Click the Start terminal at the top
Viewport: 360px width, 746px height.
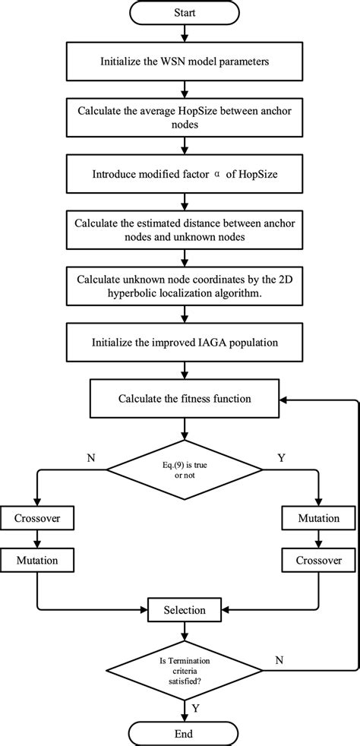coord(182,13)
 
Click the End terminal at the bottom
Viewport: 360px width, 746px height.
coord(182,732)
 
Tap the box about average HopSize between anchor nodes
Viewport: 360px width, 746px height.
coord(182,115)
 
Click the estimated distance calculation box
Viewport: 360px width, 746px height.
coord(182,229)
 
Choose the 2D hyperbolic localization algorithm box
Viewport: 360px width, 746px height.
coord(182,284)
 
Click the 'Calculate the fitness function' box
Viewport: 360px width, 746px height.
coord(182,397)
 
